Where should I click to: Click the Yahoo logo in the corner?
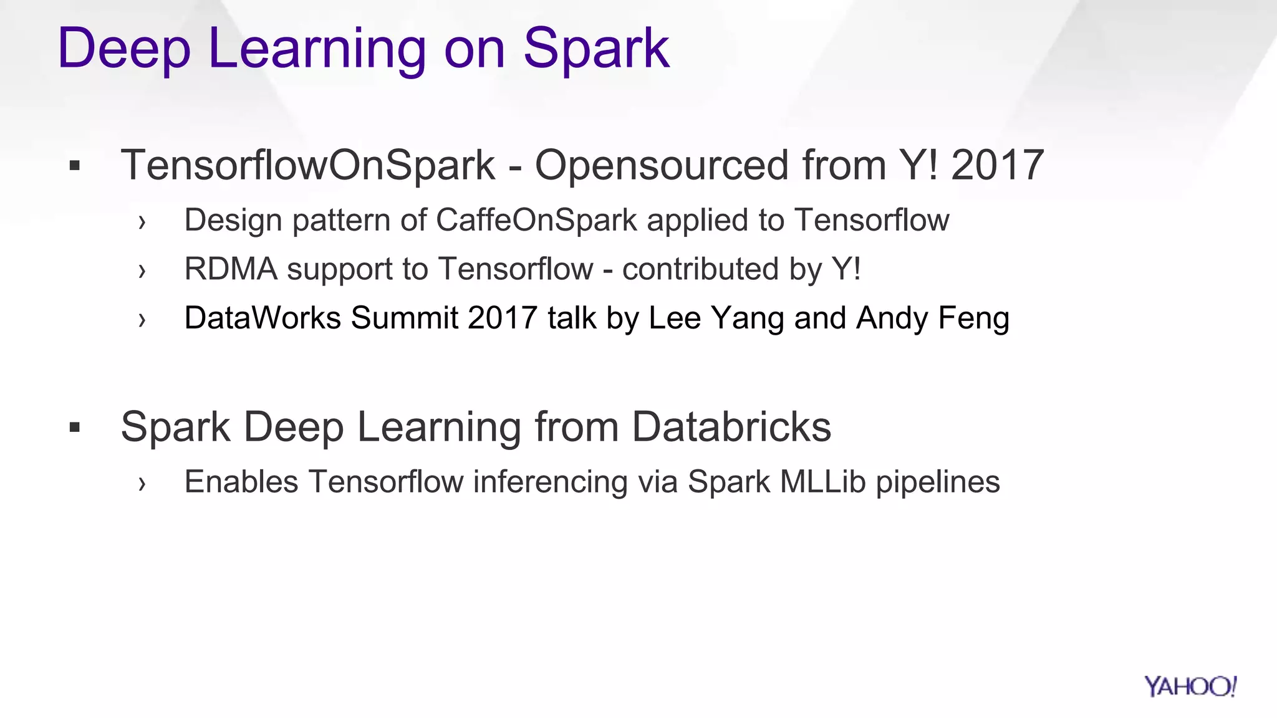tap(1190, 686)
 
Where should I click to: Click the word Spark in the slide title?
tap(596, 49)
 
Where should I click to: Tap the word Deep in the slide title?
tap(123, 49)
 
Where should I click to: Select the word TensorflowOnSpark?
tap(308, 165)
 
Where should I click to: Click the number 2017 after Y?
tap(997, 165)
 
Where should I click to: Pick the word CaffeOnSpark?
tap(536, 220)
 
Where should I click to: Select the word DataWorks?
tap(263, 318)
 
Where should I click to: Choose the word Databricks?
tap(731, 427)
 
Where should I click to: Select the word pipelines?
tap(937, 482)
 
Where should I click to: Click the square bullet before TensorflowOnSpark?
tap(75, 166)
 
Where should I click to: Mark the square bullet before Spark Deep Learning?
tap(75, 428)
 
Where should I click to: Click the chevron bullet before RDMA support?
tap(142, 270)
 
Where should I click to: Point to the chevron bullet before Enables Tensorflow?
tap(142, 483)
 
